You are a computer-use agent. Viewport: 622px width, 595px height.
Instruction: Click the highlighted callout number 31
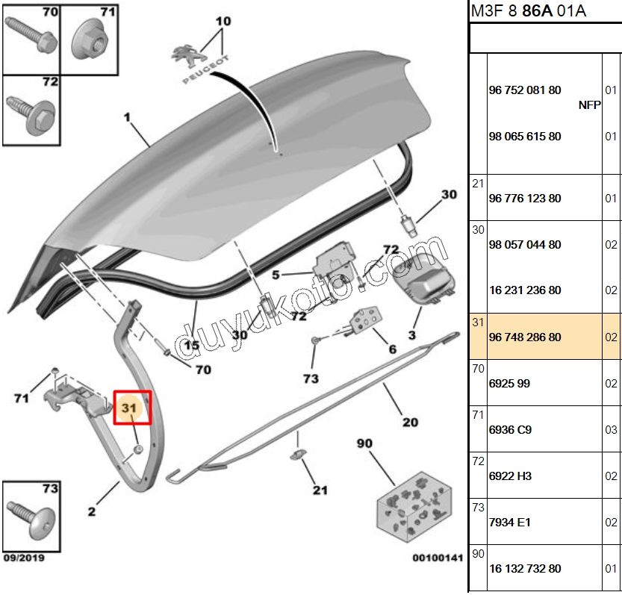pos(130,408)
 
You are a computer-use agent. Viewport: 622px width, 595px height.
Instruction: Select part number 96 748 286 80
pos(524,337)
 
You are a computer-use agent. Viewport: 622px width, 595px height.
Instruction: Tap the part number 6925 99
pos(510,384)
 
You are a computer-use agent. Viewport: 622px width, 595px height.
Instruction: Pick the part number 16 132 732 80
pos(524,569)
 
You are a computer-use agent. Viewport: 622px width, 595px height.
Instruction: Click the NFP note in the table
pos(589,105)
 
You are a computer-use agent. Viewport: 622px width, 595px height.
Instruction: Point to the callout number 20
pos(410,423)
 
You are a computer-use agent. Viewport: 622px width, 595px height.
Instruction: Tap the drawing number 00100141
pos(437,557)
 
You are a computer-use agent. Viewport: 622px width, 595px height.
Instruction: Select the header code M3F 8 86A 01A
pos(528,10)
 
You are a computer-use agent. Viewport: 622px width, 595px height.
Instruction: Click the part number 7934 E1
pos(509,523)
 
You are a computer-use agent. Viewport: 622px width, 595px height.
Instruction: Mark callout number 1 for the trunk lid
pos(127,117)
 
